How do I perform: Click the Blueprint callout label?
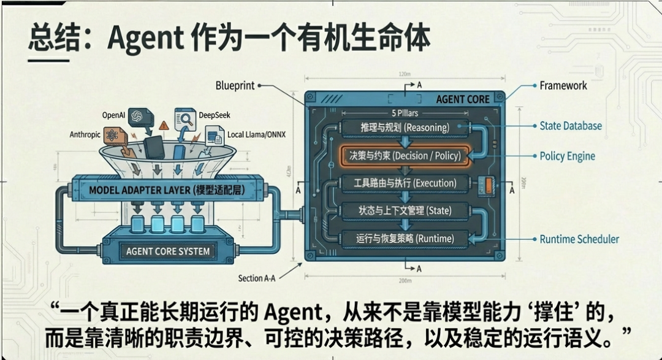pos(235,86)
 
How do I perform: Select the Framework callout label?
pos(563,86)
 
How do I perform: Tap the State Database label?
pos(570,126)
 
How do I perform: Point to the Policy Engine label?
pos(567,156)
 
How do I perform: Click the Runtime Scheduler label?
pos(579,239)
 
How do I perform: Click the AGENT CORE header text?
pos(462,99)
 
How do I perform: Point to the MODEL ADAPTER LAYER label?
pos(167,190)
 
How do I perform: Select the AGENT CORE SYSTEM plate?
pos(167,251)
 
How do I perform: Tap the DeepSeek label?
pos(215,115)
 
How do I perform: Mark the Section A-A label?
pos(257,278)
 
